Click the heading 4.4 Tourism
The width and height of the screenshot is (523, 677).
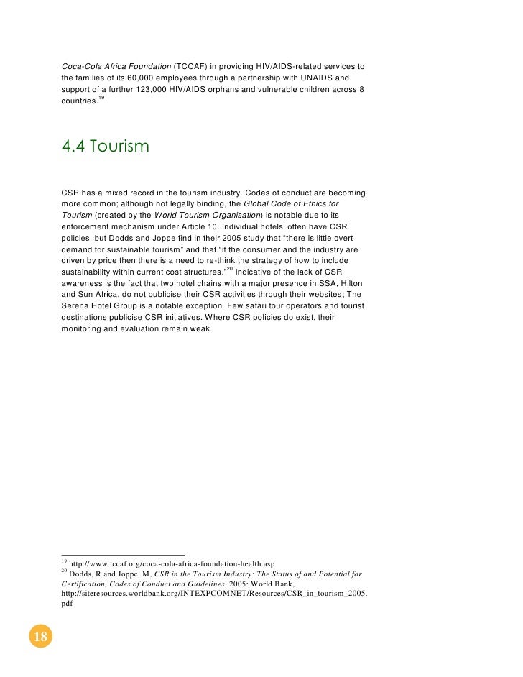[105, 147]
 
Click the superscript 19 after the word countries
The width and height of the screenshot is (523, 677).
[101, 98]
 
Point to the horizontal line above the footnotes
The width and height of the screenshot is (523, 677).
[123, 554]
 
